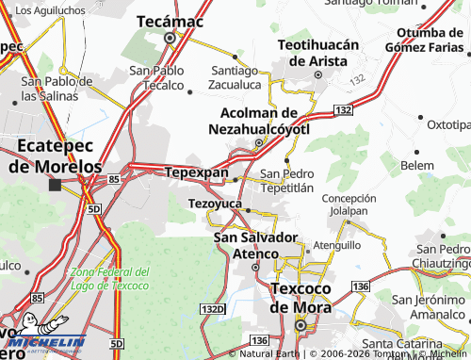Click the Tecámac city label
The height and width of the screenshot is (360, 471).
pyautogui.click(x=170, y=20)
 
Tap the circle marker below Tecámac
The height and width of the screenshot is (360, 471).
pyautogui.click(x=171, y=39)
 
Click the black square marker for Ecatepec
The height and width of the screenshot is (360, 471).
pyautogui.click(x=56, y=185)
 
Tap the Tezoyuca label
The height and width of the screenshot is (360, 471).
pyautogui.click(x=216, y=204)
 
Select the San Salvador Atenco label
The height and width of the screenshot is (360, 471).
pyautogui.click(x=256, y=244)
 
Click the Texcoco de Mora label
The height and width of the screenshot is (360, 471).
pyautogui.click(x=300, y=298)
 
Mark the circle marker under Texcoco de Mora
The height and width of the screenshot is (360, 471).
pyautogui.click(x=300, y=325)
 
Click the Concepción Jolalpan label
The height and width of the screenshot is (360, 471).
pyautogui.click(x=355, y=205)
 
